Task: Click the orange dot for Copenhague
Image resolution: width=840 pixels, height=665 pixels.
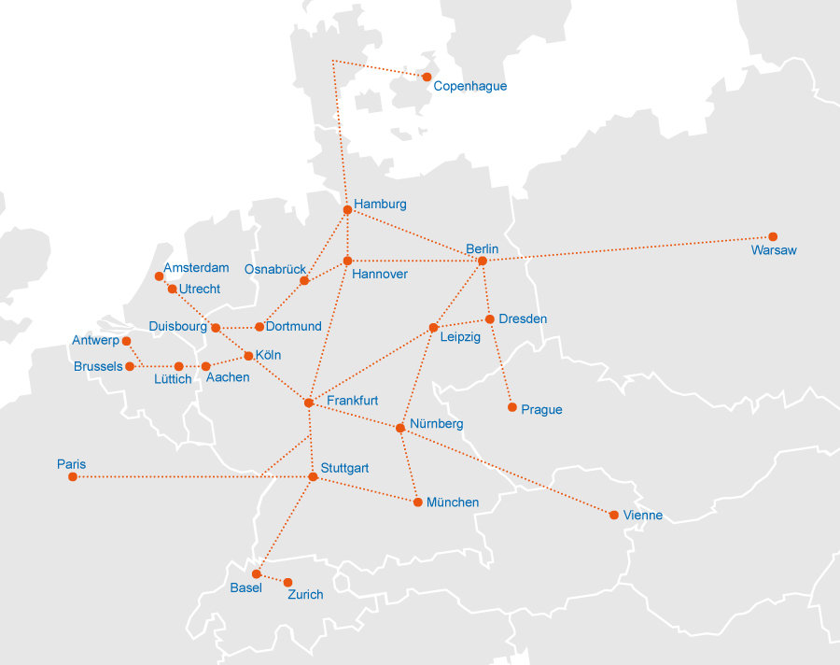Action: [x=427, y=77]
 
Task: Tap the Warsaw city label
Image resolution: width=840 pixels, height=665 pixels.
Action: [x=774, y=250]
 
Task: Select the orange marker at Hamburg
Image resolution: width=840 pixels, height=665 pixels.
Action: [x=347, y=209]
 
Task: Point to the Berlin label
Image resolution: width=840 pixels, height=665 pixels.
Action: [x=482, y=248]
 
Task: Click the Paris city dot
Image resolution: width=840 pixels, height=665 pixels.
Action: [x=73, y=477]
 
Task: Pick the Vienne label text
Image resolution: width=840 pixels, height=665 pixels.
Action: [x=642, y=516]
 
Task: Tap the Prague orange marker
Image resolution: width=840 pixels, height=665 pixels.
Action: [x=511, y=407]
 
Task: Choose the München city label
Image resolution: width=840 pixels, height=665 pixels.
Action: [x=453, y=502]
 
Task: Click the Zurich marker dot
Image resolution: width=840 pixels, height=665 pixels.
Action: [x=287, y=583]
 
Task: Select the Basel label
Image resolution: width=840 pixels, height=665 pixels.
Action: [x=245, y=587]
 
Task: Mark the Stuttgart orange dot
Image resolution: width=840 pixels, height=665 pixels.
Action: [x=313, y=477]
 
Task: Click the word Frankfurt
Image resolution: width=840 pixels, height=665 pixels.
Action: [x=352, y=400]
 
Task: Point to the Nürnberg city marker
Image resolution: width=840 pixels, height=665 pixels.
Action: [x=399, y=428]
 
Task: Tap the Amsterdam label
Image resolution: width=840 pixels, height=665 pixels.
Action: [x=196, y=268]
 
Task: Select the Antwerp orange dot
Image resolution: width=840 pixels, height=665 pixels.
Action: [x=126, y=341]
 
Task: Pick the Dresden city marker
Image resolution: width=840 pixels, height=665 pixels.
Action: [x=489, y=319]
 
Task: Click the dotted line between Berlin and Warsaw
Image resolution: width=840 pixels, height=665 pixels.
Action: [x=625, y=248]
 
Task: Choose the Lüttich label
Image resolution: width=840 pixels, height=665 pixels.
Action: [x=173, y=379]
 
